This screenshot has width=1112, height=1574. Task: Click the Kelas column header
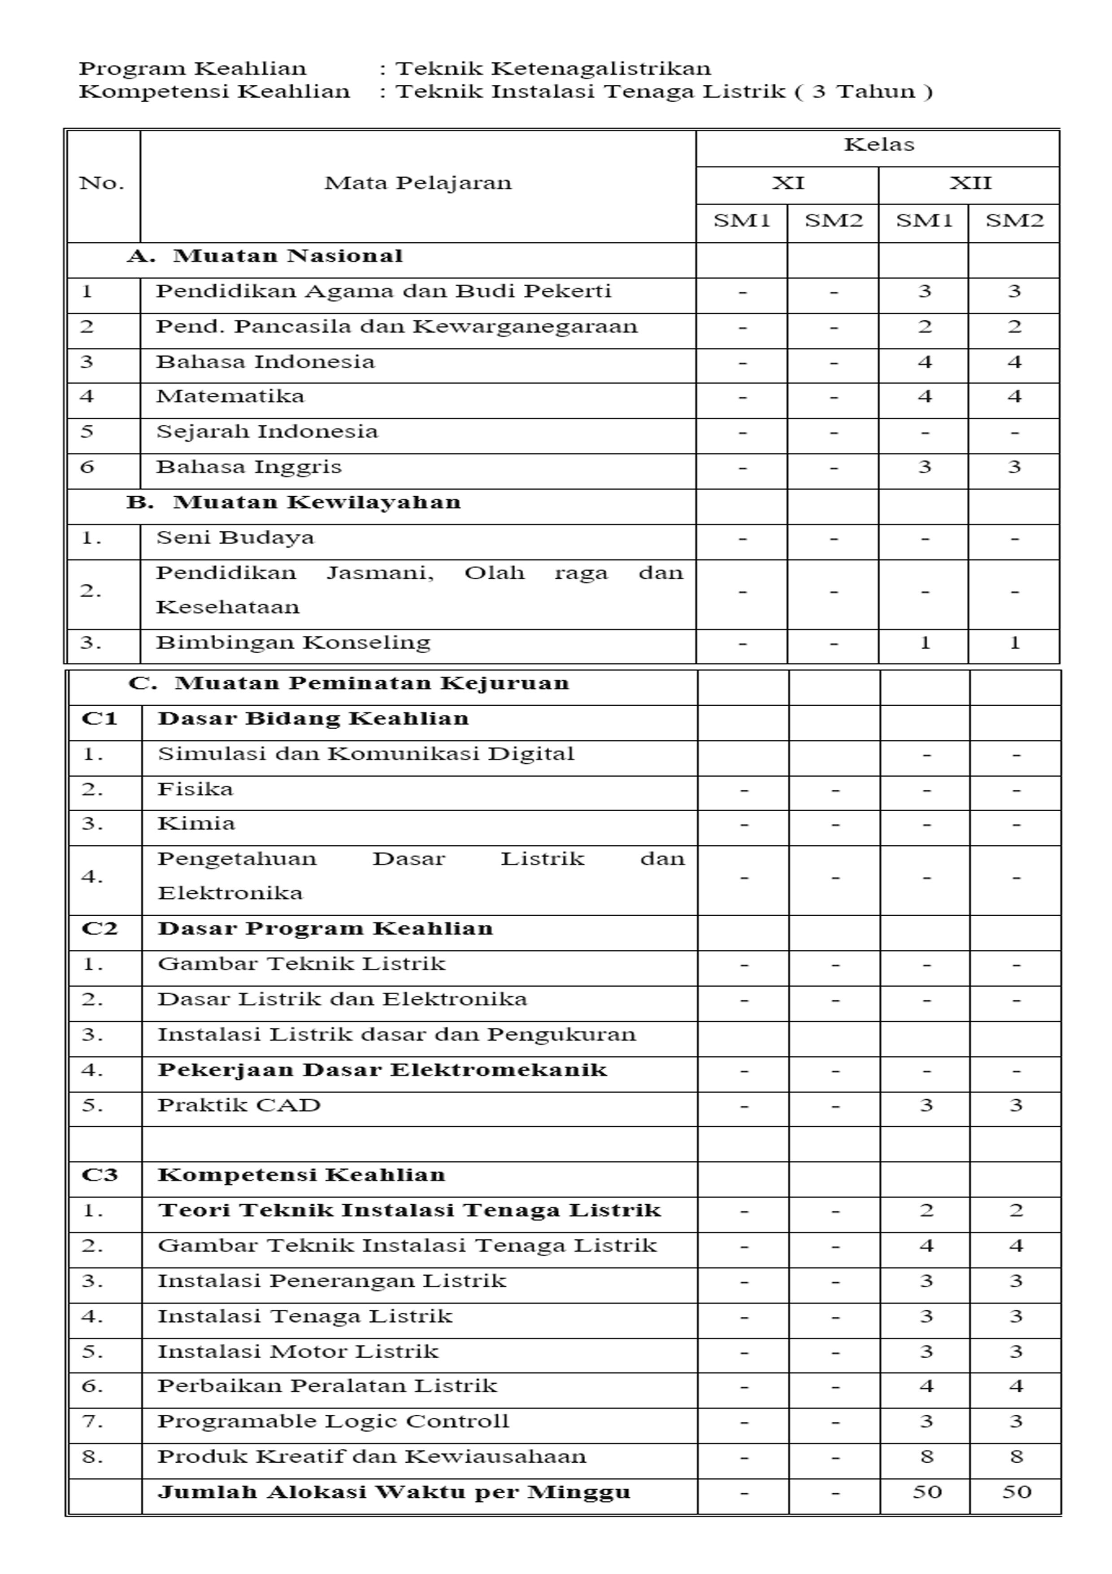[878, 144]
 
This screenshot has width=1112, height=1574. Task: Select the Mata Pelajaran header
[418, 183]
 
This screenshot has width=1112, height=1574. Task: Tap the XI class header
[787, 183]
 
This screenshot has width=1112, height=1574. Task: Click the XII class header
[969, 183]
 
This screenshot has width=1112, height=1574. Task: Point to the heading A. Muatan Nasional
[265, 256]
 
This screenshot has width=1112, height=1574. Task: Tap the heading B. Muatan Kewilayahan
[293, 503]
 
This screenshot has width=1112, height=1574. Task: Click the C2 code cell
[100, 929]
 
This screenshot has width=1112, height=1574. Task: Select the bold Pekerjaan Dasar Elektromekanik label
[382, 1070]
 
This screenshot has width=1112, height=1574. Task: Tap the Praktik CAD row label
[239, 1105]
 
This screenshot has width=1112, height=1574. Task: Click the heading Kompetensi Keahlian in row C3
[301, 1175]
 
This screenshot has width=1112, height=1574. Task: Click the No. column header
[101, 183]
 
